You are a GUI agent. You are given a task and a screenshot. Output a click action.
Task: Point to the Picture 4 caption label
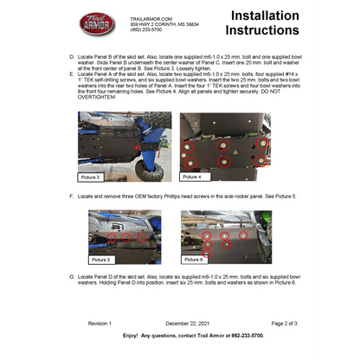[x=194, y=177]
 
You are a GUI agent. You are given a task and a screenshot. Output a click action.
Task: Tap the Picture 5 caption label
[x=100, y=259]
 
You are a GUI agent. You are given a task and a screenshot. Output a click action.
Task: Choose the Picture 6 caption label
[x=194, y=259]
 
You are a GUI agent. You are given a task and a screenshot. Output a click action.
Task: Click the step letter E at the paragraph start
[x=70, y=75]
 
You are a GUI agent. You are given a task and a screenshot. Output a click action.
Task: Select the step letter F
[x=70, y=196]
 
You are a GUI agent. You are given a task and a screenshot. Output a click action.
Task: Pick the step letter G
[x=70, y=274]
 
